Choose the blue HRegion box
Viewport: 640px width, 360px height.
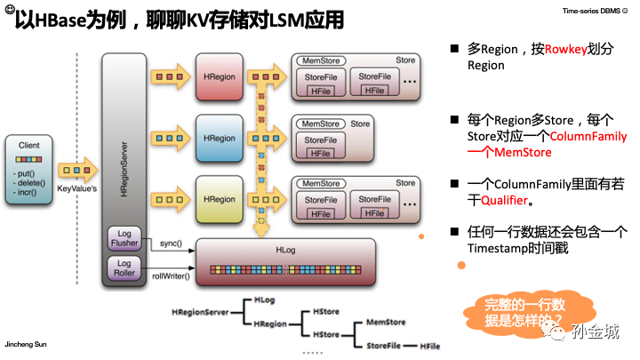point(219,139)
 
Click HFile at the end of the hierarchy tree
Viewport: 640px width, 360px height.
point(431,345)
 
